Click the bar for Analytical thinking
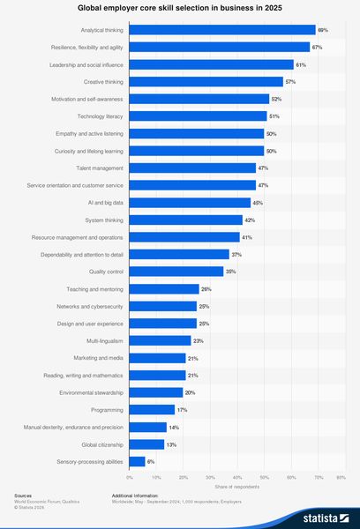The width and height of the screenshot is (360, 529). coord(222,30)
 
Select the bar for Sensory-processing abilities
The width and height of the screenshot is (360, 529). coord(138,461)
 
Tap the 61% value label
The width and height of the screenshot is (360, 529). coord(301,64)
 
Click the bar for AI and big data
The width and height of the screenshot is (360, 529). coord(190,203)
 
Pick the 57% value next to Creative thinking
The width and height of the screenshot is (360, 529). coord(290,82)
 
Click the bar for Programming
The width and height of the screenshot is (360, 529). coord(152,409)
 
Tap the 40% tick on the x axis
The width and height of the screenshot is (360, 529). coord(236,477)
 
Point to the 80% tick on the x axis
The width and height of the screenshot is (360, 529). coord(341,477)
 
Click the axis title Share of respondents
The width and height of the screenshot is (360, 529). coord(236,487)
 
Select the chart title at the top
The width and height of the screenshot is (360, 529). coord(180,8)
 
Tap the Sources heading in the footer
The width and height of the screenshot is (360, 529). coord(24,495)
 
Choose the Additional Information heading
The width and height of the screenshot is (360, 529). coord(135,495)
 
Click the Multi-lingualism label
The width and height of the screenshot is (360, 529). coord(105,340)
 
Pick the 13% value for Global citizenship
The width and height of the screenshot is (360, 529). coord(171,443)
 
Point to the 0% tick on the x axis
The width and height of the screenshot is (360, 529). coord(130,477)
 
